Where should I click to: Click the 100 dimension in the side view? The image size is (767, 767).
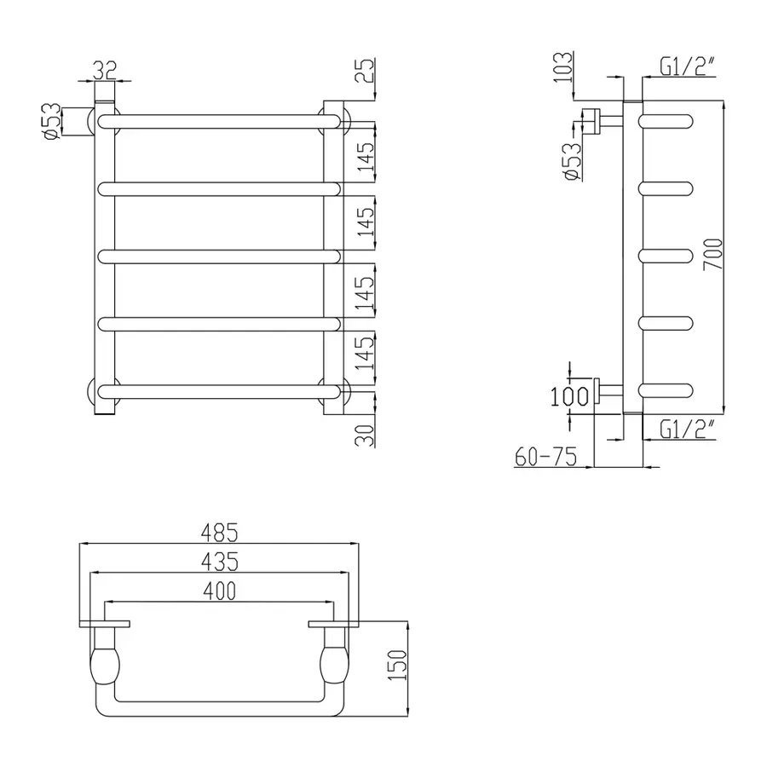tap(569, 396)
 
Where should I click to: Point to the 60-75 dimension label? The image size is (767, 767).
tap(545, 458)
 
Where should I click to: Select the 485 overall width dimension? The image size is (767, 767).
tap(219, 533)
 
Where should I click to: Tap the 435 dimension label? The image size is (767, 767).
tap(219, 562)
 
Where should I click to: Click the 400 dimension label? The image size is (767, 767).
tap(219, 590)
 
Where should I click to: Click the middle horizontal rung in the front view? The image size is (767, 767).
tap(220, 256)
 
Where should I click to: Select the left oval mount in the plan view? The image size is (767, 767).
tap(107, 665)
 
